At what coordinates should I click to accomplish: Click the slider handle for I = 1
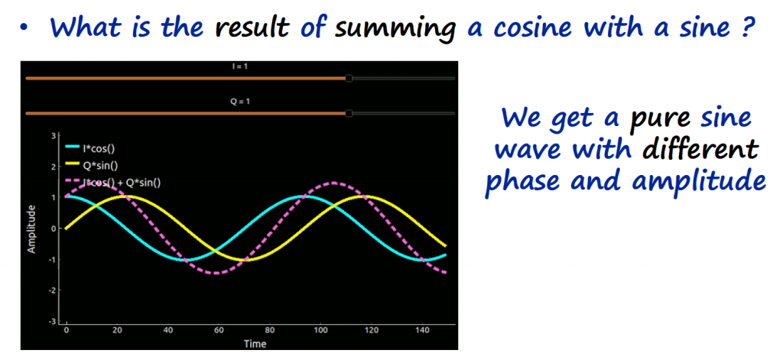pyautogui.click(x=349, y=79)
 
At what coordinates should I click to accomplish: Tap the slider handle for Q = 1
pyautogui.click(x=349, y=114)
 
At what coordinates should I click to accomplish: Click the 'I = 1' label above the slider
pyautogui.click(x=239, y=66)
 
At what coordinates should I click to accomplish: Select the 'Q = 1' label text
pyautogui.click(x=239, y=102)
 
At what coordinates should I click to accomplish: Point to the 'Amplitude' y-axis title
pyautogui.click(x=32, y=229)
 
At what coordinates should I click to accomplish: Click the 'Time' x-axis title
pyautogui.click(x=255, y=343)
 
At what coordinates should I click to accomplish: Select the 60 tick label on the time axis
pyautogui.click(x=218, y=330)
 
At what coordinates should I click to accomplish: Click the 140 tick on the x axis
pyautogui.click(x=422, y=330)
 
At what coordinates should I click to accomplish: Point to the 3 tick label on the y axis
pyautogui.click(x=52, y=135)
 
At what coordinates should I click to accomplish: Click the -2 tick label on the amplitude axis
pyautogui.click(x=50, y=290)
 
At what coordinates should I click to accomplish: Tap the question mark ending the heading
pyautogui.click(x=745, y=27)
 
